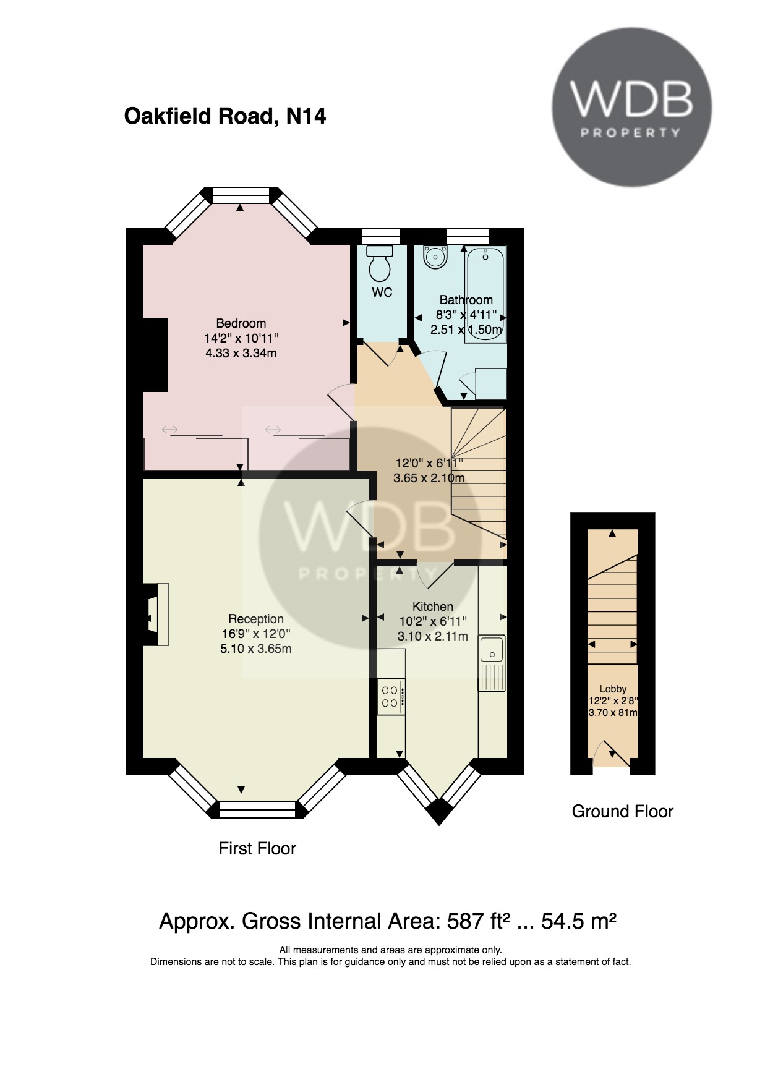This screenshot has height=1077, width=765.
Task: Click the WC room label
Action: [x=382, y=292]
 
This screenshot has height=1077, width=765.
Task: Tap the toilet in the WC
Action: [x=380, y=263]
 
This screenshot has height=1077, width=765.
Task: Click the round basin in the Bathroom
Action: [x=435, y=257]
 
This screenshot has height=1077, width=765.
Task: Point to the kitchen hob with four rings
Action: [x=391, y=697]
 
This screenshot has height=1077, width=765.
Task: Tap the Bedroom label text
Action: [x=241, y=323]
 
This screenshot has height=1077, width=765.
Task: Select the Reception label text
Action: [x=256, y=619]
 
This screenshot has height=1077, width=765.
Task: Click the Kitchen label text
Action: [x=433, y=607]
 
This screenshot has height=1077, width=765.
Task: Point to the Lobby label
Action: [x=613, y=689]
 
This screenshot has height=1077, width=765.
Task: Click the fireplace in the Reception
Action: [x=156, y=614]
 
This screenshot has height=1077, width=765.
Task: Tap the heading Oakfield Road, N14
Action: [x=225, y=116]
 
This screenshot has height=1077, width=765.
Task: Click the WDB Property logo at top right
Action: [x=631, y=107]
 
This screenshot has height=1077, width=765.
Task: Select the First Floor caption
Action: [x=257, y=848]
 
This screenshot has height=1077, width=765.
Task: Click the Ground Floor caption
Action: [x=622, y=811]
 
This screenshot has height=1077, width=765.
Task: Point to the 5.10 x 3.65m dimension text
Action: [x=256, y=649]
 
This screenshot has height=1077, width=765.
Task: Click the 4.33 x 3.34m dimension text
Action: [x=241, y=353]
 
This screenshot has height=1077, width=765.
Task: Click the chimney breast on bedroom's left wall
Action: [x=156, y=354]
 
